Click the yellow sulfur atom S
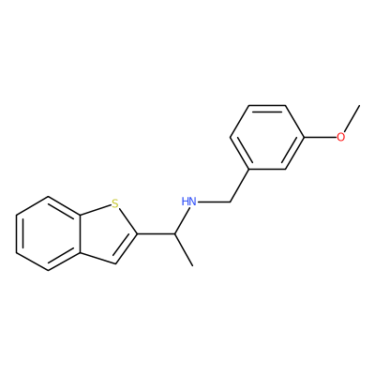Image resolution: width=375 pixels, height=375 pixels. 115,204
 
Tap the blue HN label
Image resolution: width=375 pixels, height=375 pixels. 189,202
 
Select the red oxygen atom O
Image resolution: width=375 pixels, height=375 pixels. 341,137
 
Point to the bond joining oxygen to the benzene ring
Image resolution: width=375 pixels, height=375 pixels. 320,137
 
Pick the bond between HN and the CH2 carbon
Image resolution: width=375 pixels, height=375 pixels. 214,202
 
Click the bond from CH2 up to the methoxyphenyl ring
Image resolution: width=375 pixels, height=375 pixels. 239,186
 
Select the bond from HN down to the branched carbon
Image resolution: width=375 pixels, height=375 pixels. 181,220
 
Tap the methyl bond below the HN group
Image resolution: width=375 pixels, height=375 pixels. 184,249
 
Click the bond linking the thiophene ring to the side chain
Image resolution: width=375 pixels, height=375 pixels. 156,233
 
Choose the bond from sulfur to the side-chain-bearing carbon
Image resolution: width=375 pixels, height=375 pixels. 127,221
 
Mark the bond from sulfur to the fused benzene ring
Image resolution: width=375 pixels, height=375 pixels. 96,210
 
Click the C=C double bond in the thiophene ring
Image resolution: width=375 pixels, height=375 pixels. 125,248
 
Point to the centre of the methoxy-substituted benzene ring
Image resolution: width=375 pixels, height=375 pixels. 267,137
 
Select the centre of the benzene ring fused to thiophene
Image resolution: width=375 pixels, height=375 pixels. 48,233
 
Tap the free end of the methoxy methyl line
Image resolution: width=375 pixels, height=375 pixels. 359,105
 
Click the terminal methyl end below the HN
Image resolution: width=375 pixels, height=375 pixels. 193,266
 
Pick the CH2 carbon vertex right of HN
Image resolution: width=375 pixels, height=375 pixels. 230,202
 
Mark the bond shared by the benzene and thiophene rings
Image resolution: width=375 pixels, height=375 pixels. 81,233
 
